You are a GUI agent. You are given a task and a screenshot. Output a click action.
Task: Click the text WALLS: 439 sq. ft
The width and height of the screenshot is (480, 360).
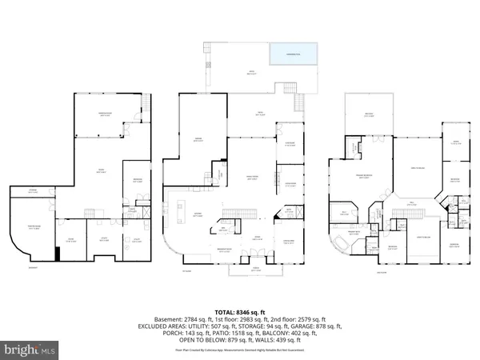pyautogui.click(x=282, y=336)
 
